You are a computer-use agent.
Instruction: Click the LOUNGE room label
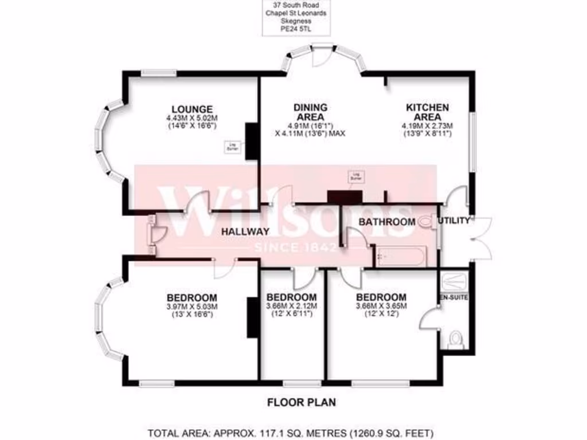pyautogui.click(x=192, y=109)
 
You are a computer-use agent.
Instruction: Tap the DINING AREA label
pyautogui.click(x=310, y=112)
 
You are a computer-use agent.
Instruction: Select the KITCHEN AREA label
pyautogui.click(x=428, y=112)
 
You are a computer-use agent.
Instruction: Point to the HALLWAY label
pyautogui.click(x=246, y=232)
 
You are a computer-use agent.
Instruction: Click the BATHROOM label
pyautogui.click(x=387, y=222)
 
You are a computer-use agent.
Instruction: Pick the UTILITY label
pyautogui.click(x=454, y=221)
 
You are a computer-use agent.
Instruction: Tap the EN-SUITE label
pyautogui.click(x=452, y=298)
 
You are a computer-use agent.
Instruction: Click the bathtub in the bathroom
pyautogui.click(x=400, y=256)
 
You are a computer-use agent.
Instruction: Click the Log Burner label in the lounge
pyautogui.click(x=232, y=146)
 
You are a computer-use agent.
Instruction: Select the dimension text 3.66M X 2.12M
pyautogui.click(x=292, y=307)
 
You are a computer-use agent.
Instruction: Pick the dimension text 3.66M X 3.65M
pyautogui.click(x=381, y=307)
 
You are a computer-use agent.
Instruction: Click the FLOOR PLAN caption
pyautogui.click(x=302, y=402)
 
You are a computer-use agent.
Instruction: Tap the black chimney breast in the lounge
pyautogui.click(x=251, y=141)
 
